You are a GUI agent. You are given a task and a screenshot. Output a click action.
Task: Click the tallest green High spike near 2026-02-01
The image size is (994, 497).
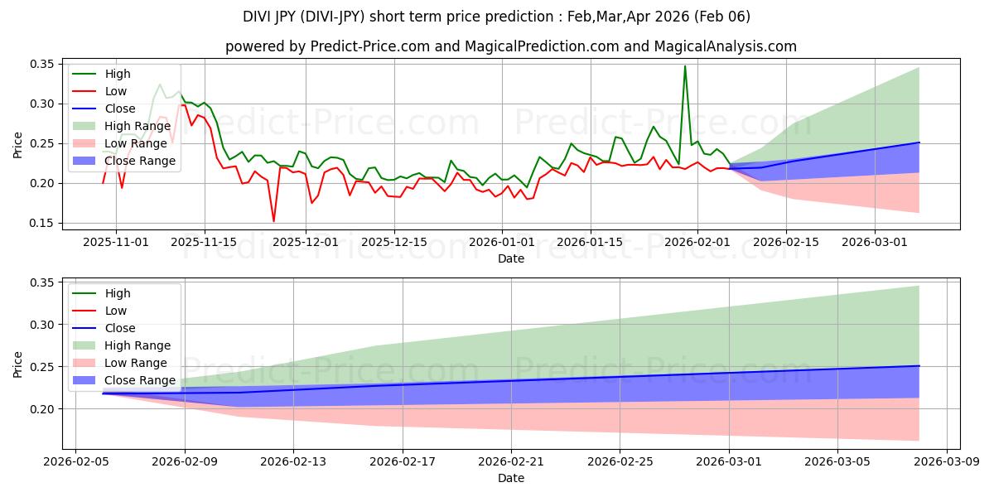pyautogui.click(x=684, y=66)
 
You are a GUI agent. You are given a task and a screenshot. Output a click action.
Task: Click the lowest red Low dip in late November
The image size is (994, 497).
pyautogui.click(x=273, y=220)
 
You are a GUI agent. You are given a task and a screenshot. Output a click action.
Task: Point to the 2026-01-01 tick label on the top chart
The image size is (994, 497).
pyautogui.click(x=501, y=242)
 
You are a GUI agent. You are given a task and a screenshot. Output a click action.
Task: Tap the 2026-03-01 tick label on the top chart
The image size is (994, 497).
pyautogui.click(x=875, y=242)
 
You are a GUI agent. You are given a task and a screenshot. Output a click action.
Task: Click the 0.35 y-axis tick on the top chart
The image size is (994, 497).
pyautogui.click(x=41, y=65)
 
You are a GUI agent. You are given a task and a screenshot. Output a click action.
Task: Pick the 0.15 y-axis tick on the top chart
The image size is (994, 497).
pyautogui.click(x=41, y=224)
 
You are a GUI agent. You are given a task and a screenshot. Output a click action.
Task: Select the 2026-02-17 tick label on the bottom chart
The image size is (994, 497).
pyautogui.click(x=403, y=461)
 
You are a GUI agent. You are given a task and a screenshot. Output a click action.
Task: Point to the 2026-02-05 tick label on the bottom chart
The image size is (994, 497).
pyautogui.click(x=76, y=461)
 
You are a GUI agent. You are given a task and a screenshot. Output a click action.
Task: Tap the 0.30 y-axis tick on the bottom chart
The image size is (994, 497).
pyautogui.click(x=41, y=326)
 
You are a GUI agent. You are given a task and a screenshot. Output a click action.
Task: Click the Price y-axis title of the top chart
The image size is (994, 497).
pyautogui.click(x=18, y=144)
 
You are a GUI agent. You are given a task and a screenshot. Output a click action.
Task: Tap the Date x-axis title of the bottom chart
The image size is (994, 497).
pyautogui.click(x=510, y=478)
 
